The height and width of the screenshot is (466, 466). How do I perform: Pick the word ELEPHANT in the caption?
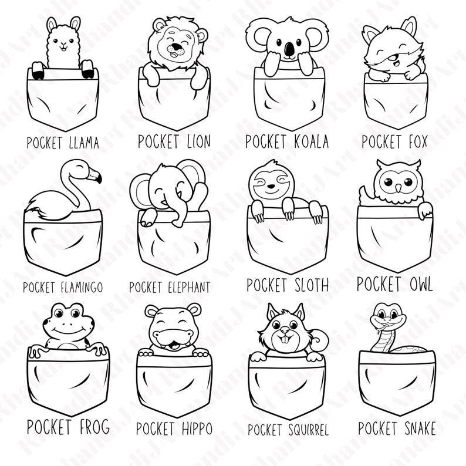[183, 288]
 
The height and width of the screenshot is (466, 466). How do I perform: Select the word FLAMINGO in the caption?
[82, 288]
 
